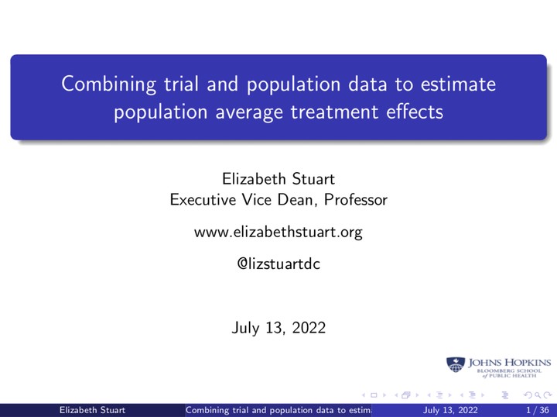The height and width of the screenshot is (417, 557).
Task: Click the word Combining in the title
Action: coord(109,84)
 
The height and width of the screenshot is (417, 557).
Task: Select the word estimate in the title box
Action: coord(458,84)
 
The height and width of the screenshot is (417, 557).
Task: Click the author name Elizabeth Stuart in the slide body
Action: coord(278,178)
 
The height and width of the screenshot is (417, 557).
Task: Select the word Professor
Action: coord(356,200)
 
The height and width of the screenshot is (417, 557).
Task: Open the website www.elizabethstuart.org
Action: coord(278,232)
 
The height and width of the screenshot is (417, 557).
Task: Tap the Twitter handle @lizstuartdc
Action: coord(278,264)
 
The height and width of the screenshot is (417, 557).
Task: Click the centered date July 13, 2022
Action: coord(278,328)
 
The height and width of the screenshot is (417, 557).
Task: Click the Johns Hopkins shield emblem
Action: coord(456,365)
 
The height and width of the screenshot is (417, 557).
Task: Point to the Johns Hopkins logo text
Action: coord(509,363)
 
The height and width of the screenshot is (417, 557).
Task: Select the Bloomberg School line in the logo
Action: coord(509,370)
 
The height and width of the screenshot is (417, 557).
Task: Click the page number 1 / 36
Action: coord(538,410)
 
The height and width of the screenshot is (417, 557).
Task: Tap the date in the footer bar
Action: coord(450,410)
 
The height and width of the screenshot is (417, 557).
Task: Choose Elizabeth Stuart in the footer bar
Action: coord(92,410)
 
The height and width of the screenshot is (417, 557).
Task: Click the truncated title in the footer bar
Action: coord(278,410)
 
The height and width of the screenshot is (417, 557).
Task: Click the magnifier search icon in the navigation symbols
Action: coord(538,395)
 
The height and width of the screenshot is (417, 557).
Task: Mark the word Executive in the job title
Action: coord(203,200)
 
